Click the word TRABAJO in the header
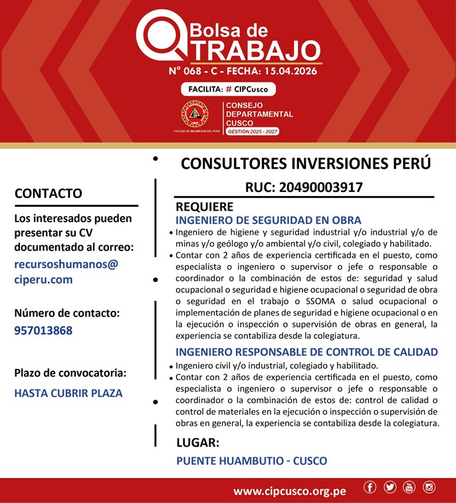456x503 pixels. coord(251,49)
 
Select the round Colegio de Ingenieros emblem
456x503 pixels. coord(195,114)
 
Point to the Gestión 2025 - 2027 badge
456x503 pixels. coord(252,132)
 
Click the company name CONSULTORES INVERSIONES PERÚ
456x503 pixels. coord(306,163)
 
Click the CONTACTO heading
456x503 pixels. coord(49,193)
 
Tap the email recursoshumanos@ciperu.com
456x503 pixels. coord(66,271)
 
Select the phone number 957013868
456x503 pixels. coord(43,330)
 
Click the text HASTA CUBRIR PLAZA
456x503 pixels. coord(68,393)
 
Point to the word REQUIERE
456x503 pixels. coord(204,207)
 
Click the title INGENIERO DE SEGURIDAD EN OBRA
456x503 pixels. coord(269,220)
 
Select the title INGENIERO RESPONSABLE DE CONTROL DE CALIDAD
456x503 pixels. coord(306,352)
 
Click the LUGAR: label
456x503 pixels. coord(197,443)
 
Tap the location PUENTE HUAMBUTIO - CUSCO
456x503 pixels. coord(251,460)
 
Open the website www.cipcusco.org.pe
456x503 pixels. coord(289,492)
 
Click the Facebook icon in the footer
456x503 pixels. coord(370,487)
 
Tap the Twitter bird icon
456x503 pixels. coord(390,487)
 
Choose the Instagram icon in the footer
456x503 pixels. coord(429,487)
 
